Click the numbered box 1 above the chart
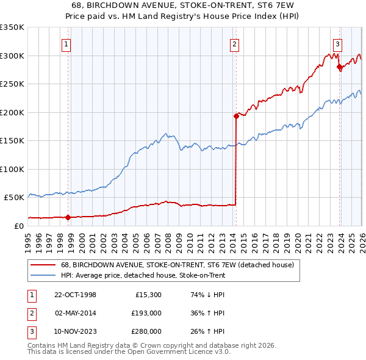pos(65,43)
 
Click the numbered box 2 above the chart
pos(234,43)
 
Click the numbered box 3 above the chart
pos(337,43)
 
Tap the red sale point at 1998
pos(68,217)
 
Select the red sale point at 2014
pos(236,115)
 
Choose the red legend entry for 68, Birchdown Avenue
pos(177,265)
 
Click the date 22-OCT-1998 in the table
pos(76,295)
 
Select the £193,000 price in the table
pos(147,313)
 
